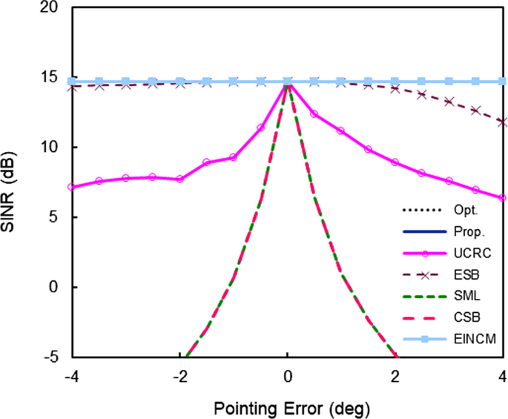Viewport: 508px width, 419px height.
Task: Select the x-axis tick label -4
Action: coord(70,376)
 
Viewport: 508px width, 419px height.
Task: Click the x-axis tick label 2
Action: coord(395,376)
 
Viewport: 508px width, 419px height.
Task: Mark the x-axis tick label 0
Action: coord(288,376)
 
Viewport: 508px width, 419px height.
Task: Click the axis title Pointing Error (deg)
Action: coord(287,407)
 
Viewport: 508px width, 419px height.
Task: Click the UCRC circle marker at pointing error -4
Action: coord(71,187)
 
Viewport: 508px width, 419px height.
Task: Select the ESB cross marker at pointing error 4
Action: coord(503,122)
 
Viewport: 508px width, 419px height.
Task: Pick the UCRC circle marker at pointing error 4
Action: coord(503,198)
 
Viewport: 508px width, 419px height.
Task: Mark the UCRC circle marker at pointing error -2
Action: coord(179,179)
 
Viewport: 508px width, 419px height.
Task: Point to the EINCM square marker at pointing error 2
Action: coord(395,81)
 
